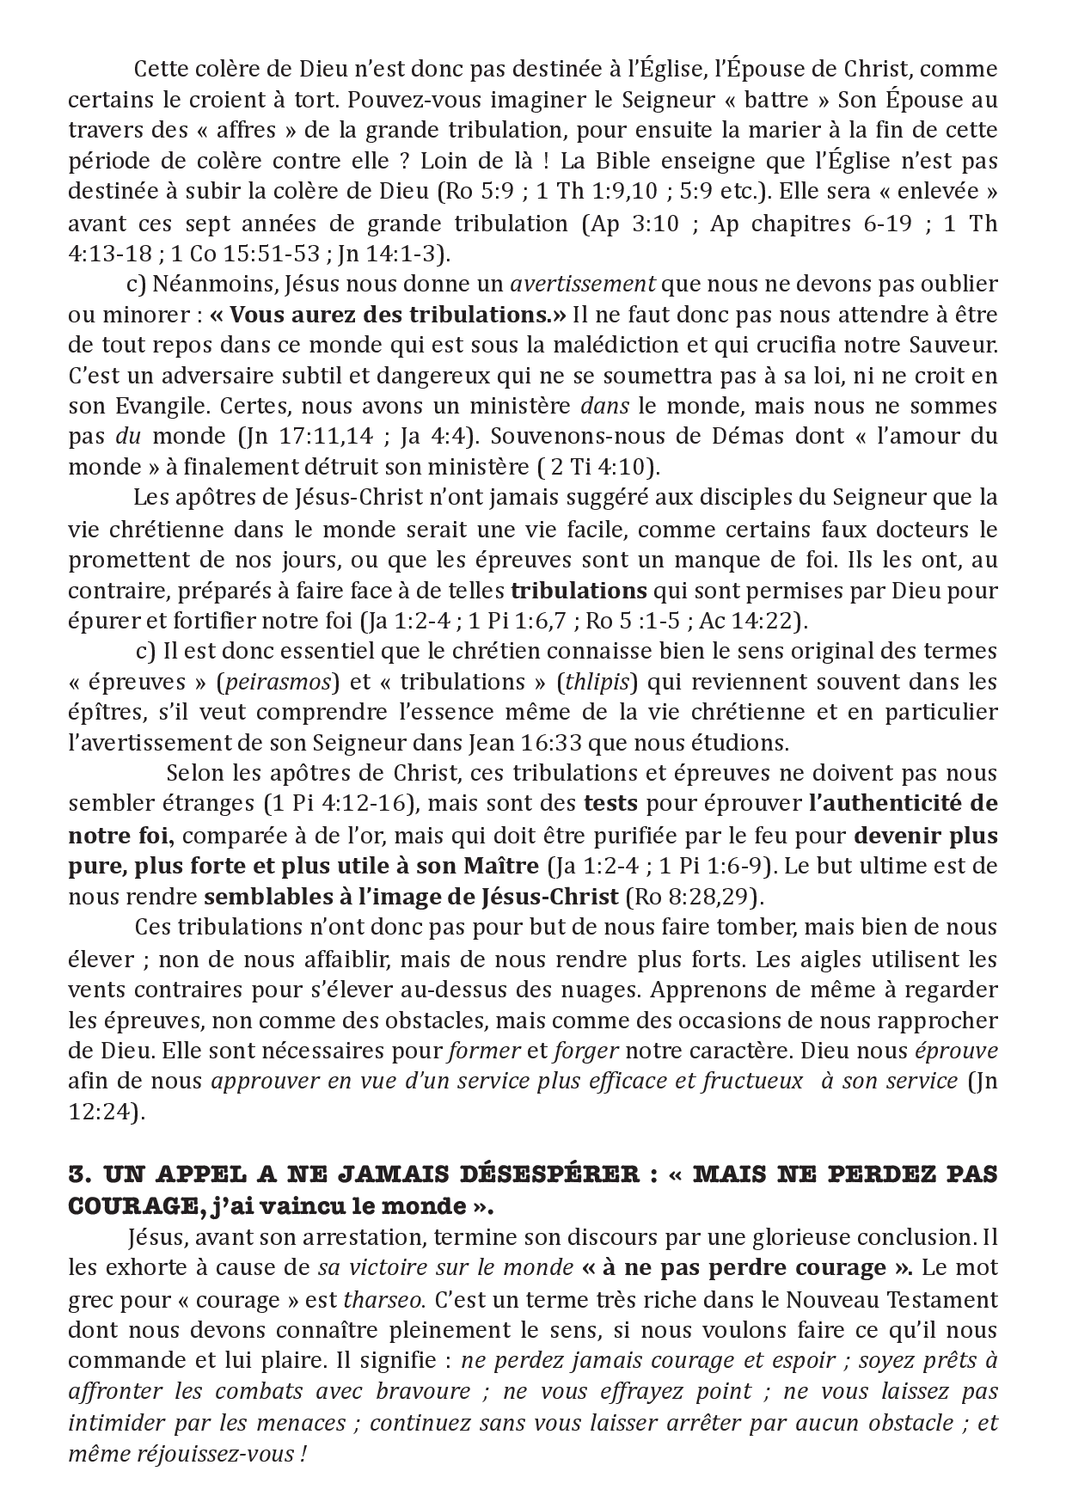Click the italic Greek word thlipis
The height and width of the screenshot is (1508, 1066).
(597, 683)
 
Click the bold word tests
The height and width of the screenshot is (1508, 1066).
(610, 805)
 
